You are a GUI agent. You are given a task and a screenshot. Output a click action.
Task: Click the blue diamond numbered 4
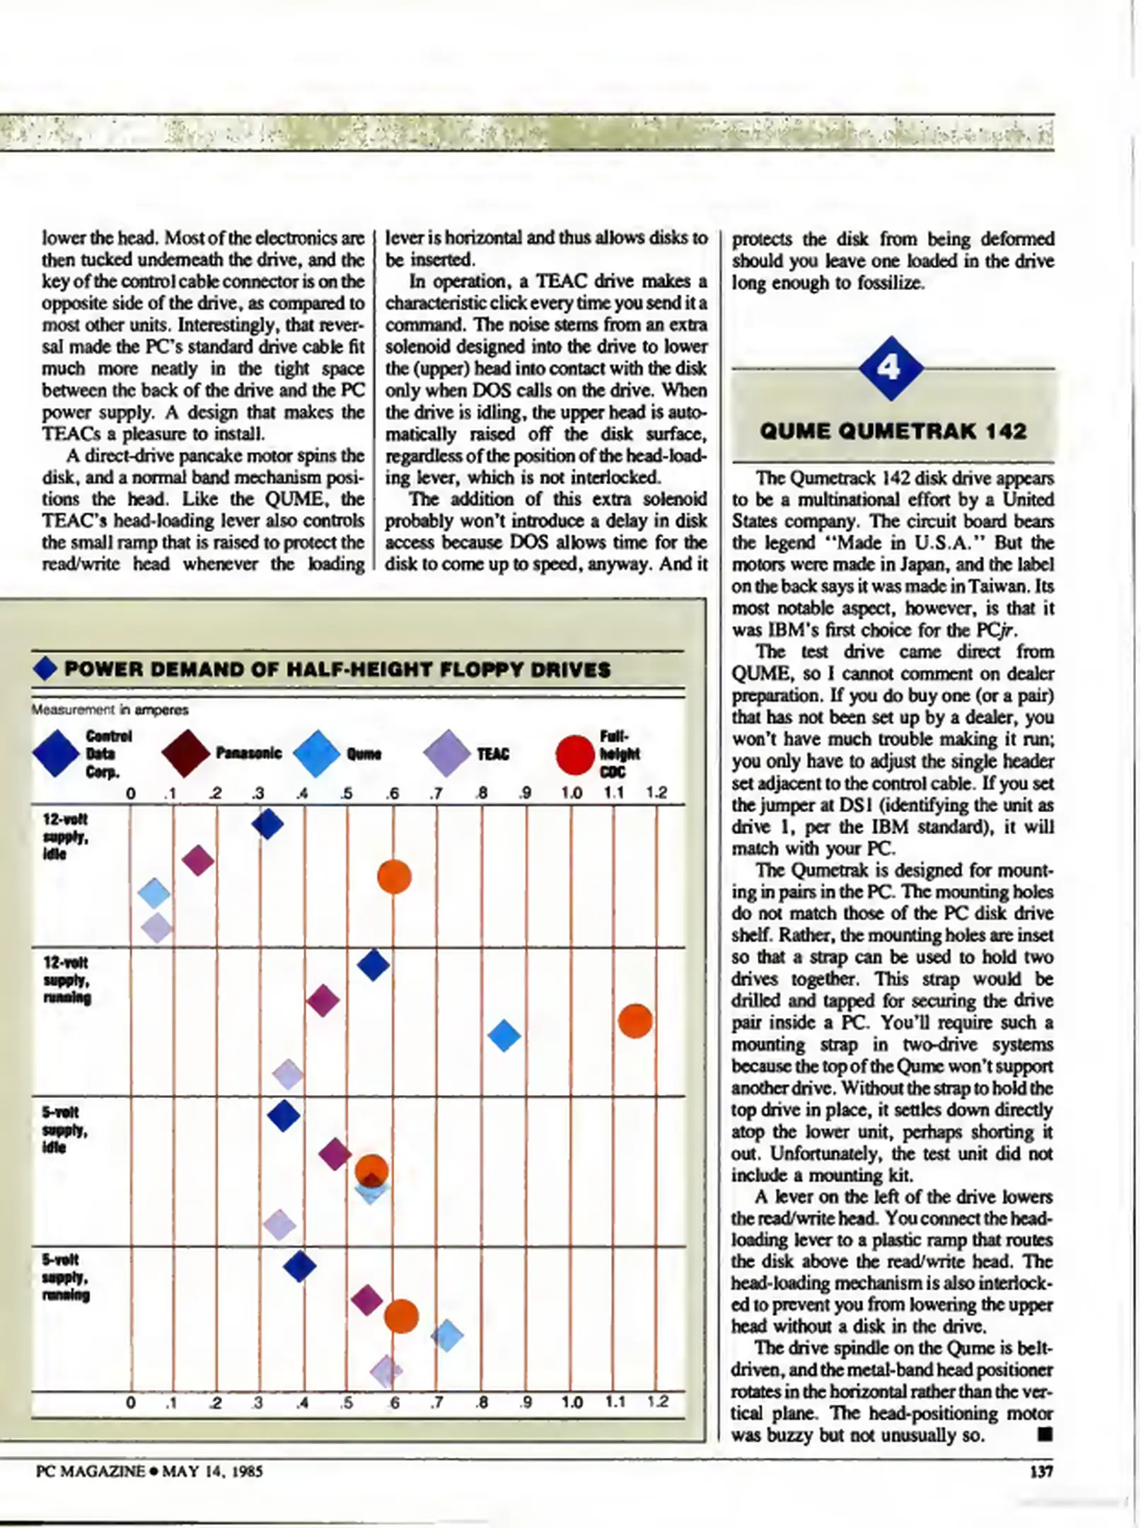pyautogui.click(x=890, y=368)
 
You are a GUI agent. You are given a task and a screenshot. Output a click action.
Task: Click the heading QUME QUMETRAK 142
pyautogui.click(x=893, y=431)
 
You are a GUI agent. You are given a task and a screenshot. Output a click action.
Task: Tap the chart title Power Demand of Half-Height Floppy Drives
pyautogui.click(x=337, y=669)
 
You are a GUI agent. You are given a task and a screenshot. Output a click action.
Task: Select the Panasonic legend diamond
pyautogui.click(x=185, y=753)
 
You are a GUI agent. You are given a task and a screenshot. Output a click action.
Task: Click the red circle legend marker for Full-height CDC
pyautogui.click(x=574, y=754)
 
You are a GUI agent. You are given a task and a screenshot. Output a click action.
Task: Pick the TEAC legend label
pyautogui.click(x=493, y=754)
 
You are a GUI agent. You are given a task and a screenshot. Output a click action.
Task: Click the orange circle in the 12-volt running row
pyautogui.click(x=635, y=1021)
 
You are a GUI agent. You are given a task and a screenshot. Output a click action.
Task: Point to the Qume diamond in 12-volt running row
pyautogui.click(x=504, y=1036)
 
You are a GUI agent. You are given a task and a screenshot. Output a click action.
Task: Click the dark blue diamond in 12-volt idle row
pyautogui.click(x=267, y=823)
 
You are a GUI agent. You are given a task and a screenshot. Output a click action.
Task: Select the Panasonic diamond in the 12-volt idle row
pyautogui.click(x=198, y=860)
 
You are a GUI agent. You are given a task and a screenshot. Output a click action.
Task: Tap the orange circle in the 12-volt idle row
pyautogui.click(x=394, y=877)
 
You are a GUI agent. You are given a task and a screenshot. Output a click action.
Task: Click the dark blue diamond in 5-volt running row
pyautogui.click(x=299, y=1266)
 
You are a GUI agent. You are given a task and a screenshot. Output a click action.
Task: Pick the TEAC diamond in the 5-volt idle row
pyautogui.click(x=279, y=1225)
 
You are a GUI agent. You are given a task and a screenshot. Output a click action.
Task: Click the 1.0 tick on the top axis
pyautogui.click(x=571, y=793)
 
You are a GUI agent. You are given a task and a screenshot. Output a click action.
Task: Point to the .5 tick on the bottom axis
pyautogui.click(x=347, y=1402)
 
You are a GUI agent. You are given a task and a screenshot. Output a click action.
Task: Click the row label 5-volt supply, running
pyautogui.click(x=65, y=1278)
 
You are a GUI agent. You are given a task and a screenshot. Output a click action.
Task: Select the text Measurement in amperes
pyautogui.click(x=110, y=710)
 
